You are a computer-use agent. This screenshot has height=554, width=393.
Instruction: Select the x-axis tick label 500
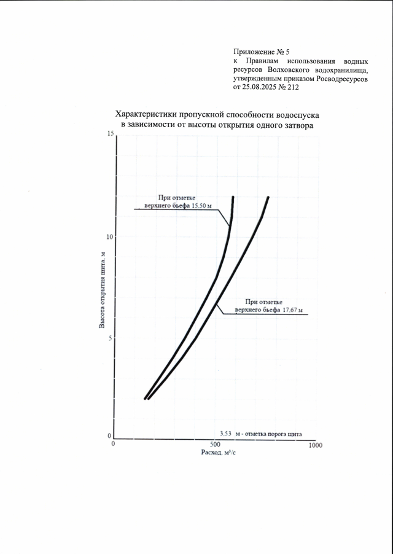coord(215,444)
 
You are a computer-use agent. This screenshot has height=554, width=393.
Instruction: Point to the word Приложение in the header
coord(253,53)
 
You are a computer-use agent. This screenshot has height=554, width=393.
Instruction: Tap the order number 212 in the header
coord(292,88)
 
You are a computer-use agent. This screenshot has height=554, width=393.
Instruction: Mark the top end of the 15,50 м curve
coord(233,197)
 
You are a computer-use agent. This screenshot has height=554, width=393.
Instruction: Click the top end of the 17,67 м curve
coord(268,197)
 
